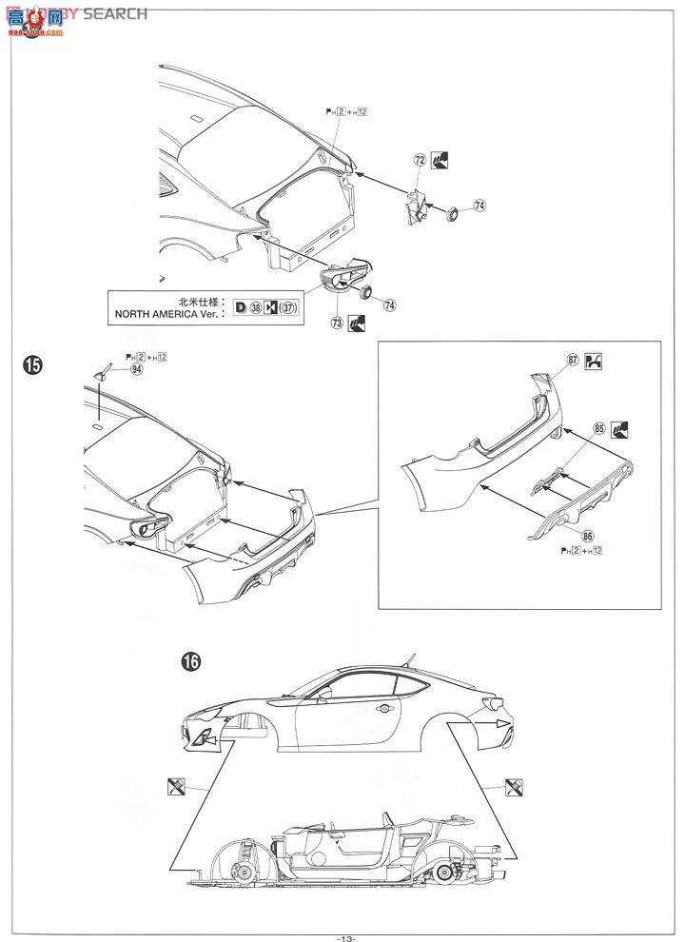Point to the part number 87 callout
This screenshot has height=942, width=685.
[x=573, y=360]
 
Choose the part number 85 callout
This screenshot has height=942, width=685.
[x=598, y=428]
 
